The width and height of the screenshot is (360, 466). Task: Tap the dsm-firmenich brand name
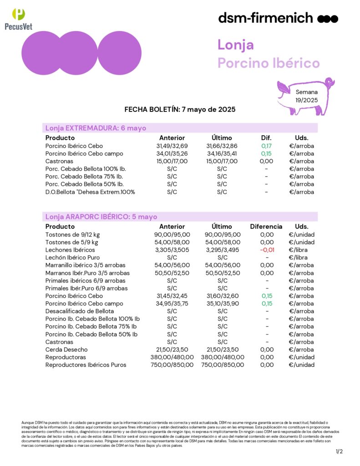point(266,18)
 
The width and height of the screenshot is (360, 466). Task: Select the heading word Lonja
point(235,45)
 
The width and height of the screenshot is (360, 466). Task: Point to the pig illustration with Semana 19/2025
point(306,96)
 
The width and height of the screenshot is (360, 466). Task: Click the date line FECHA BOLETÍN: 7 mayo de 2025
point(180,110)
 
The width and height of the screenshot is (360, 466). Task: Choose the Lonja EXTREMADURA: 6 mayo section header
point(96,128)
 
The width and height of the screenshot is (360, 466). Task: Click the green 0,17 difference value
point(266,146)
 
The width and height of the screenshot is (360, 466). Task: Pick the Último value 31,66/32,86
point(222,146)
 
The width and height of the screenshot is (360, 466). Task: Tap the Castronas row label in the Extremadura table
point(59,161)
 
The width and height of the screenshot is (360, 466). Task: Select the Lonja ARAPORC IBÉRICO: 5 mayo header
point(101,217)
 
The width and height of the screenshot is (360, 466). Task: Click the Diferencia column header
point(266,226)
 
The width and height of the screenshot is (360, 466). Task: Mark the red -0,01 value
point(266,250)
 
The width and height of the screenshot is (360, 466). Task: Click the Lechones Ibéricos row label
point(70,250)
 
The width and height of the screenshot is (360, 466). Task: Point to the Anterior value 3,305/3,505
point(172,250)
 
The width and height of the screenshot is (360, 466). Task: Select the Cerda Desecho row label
point(66,349)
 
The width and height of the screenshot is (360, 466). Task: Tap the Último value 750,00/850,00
point(222,365)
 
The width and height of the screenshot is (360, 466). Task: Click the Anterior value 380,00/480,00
point(172,357)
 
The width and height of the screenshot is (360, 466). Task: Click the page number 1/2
point(339,451)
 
